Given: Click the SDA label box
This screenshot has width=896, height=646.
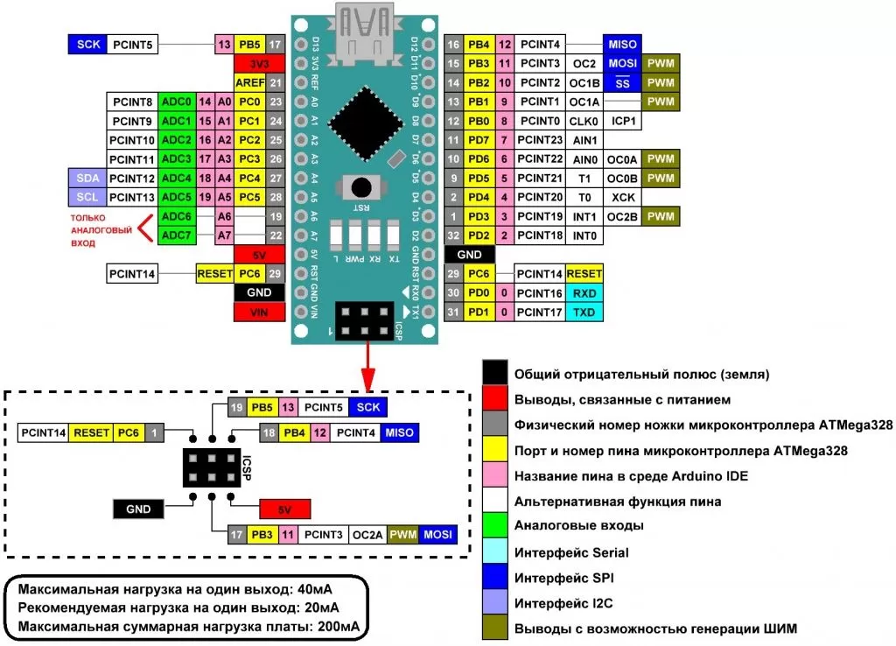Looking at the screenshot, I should (87, 178).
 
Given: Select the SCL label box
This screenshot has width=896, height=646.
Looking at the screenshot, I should (87, 197).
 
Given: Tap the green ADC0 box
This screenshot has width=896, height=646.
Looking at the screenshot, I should (178, 102).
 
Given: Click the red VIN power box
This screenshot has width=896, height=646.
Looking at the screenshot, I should (259, 312).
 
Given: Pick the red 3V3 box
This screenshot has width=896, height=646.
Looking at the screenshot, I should (259, 64).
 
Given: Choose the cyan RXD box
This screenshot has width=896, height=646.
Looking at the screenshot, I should (583, 293).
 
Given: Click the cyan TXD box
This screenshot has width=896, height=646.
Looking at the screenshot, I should (583, 312).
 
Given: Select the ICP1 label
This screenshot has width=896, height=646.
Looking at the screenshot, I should (624, 121).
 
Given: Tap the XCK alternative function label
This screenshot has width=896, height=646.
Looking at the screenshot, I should (624, 197).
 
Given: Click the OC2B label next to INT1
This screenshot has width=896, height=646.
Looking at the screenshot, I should (624, 216).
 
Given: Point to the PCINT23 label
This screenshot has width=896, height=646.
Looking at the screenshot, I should (539, 140).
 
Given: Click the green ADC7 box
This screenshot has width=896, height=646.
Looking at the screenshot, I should (178, 235).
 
